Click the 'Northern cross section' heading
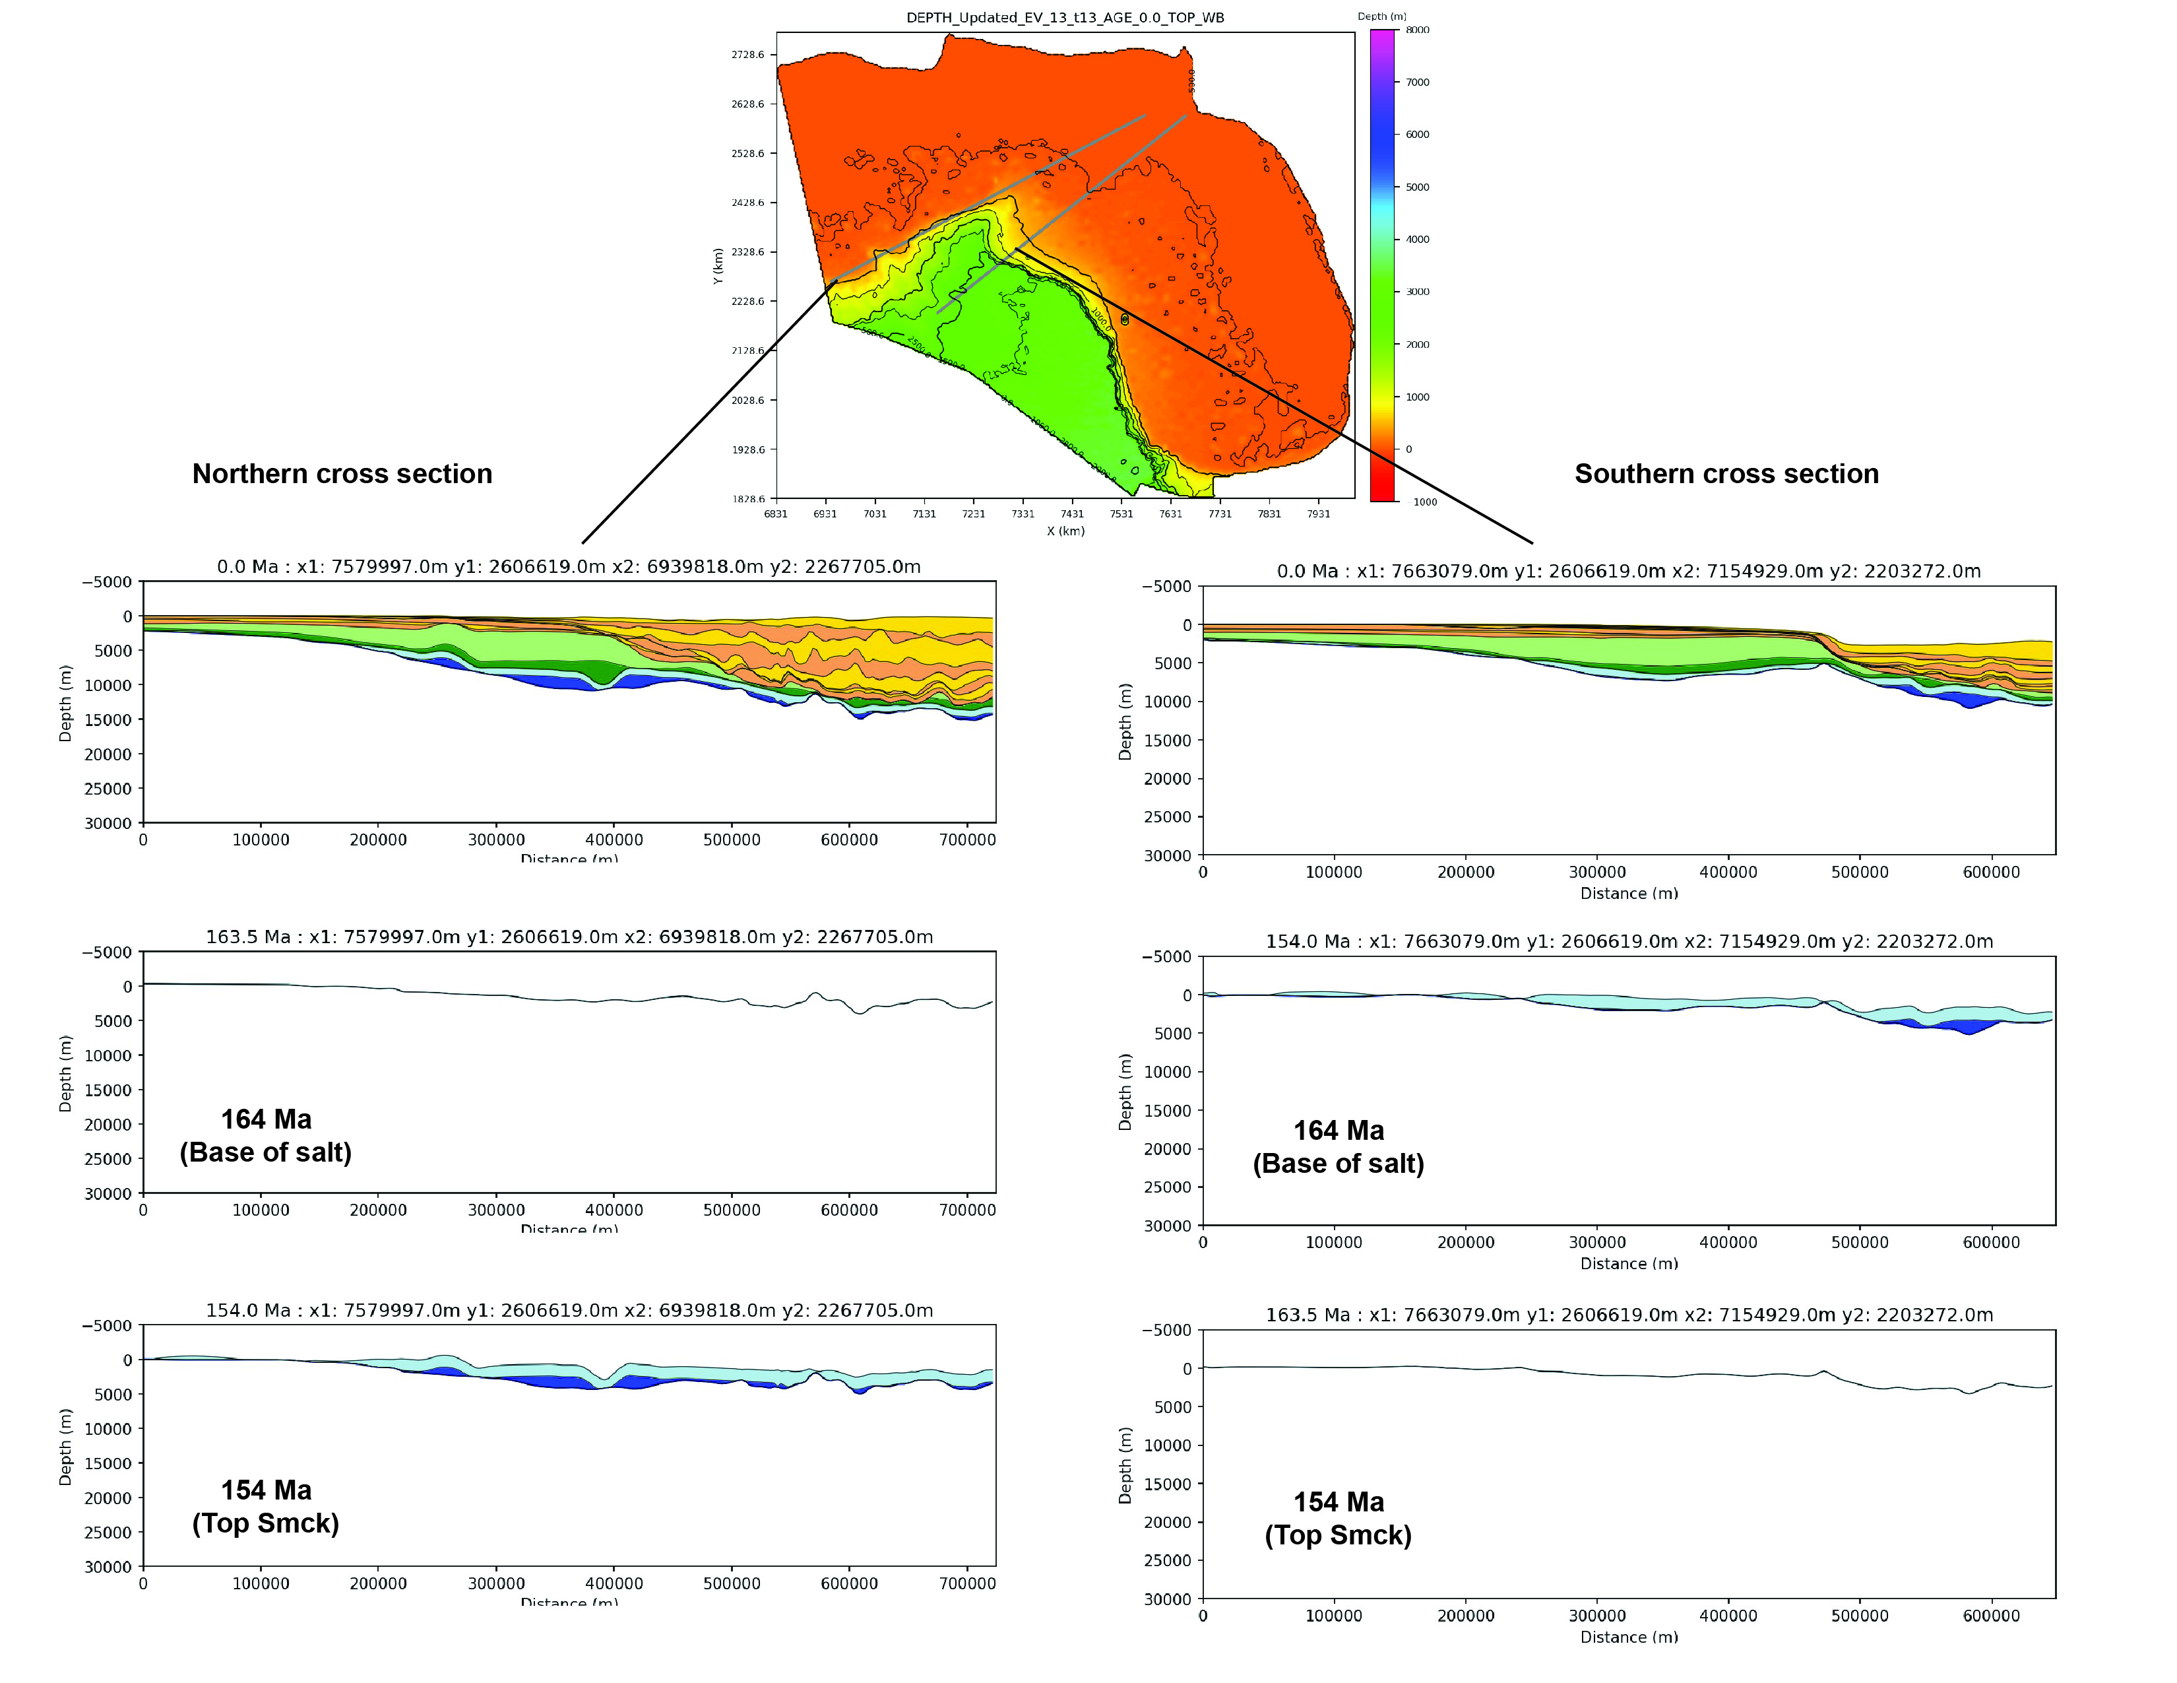click(x=342, y=474)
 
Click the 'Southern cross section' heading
click(x=1726, y=474)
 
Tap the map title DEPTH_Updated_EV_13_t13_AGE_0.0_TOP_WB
click(x=1065, y=17)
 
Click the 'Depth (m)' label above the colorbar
click(x=1381, y=16)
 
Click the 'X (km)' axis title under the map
click(x=1065, y=531)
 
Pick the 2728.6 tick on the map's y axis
click(x=747, y=55)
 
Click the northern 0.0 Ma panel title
click(x=568, y=566)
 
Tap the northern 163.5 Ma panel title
click(x=568, y=937)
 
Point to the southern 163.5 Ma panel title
click(x=1629, y=1315)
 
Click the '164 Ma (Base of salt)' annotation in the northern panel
click(x=265, y=1136)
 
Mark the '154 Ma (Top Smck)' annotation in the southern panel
click(x=1338, y=1519)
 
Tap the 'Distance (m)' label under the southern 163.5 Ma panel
click(x=1629, y=1637)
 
